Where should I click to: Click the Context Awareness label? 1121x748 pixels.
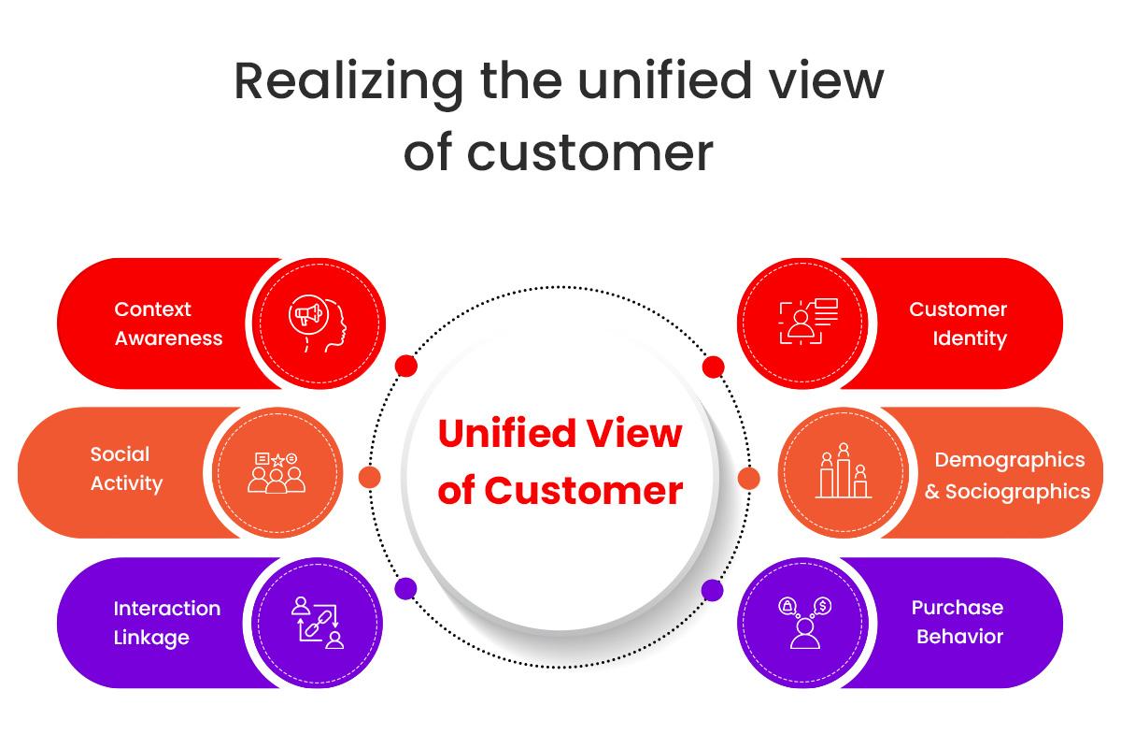[168, 324]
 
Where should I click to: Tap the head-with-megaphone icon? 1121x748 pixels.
[319, 324]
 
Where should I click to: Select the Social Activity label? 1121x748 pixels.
[126, 468]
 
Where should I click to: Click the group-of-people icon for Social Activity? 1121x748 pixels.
[277, 472]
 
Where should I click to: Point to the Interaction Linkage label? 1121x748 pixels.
[166, 623]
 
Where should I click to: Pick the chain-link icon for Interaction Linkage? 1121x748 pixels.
[318, 622]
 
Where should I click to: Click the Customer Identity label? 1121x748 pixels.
[958, 324]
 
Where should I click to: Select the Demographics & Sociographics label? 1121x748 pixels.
[1008, 475]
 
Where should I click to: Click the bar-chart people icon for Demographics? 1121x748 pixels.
[844, 471]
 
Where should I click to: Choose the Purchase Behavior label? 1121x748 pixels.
[958, 622]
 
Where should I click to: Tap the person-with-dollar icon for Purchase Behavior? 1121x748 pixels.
[803, 622]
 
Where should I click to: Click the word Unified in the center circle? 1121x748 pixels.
[505, 434]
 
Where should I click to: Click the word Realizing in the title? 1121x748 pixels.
[348, 82]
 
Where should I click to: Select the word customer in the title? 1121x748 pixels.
[589, 151]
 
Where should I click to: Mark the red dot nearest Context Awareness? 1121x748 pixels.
[405, 366]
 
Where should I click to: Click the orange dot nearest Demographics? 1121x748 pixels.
[748, 478]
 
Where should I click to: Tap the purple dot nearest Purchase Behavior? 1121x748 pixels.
[713, 590]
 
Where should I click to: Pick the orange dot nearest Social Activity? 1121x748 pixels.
[370, 478]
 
